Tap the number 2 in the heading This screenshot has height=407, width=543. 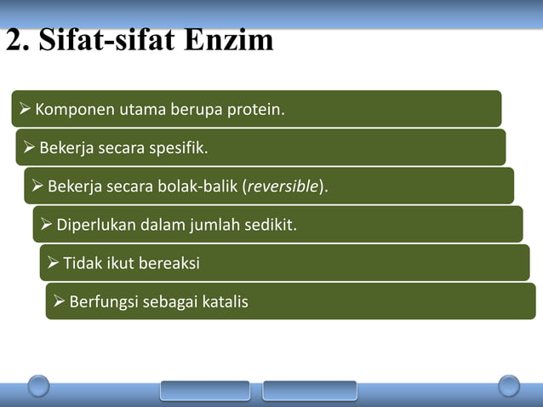[x=15, y=39]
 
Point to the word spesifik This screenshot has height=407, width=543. [x=178, y=149]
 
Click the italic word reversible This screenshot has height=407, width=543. [x=283, y=187]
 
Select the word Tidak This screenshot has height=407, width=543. [x=82, y=263]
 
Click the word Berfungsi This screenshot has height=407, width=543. [x=104, y=301]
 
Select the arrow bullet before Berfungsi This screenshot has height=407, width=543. [x=60, y=301]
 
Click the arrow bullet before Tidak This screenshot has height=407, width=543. [x=54, y=263]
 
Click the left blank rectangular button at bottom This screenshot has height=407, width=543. [x=205, y=390]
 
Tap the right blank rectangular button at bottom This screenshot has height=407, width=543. [x=309, y=390]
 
